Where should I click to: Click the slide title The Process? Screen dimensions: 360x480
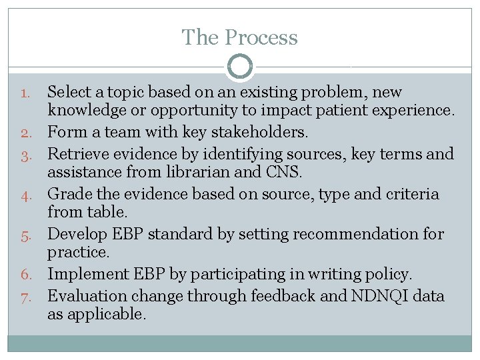coord(240,37)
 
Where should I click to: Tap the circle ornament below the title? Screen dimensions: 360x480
coord(240,67)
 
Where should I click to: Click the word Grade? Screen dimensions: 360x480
coord(67,194)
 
